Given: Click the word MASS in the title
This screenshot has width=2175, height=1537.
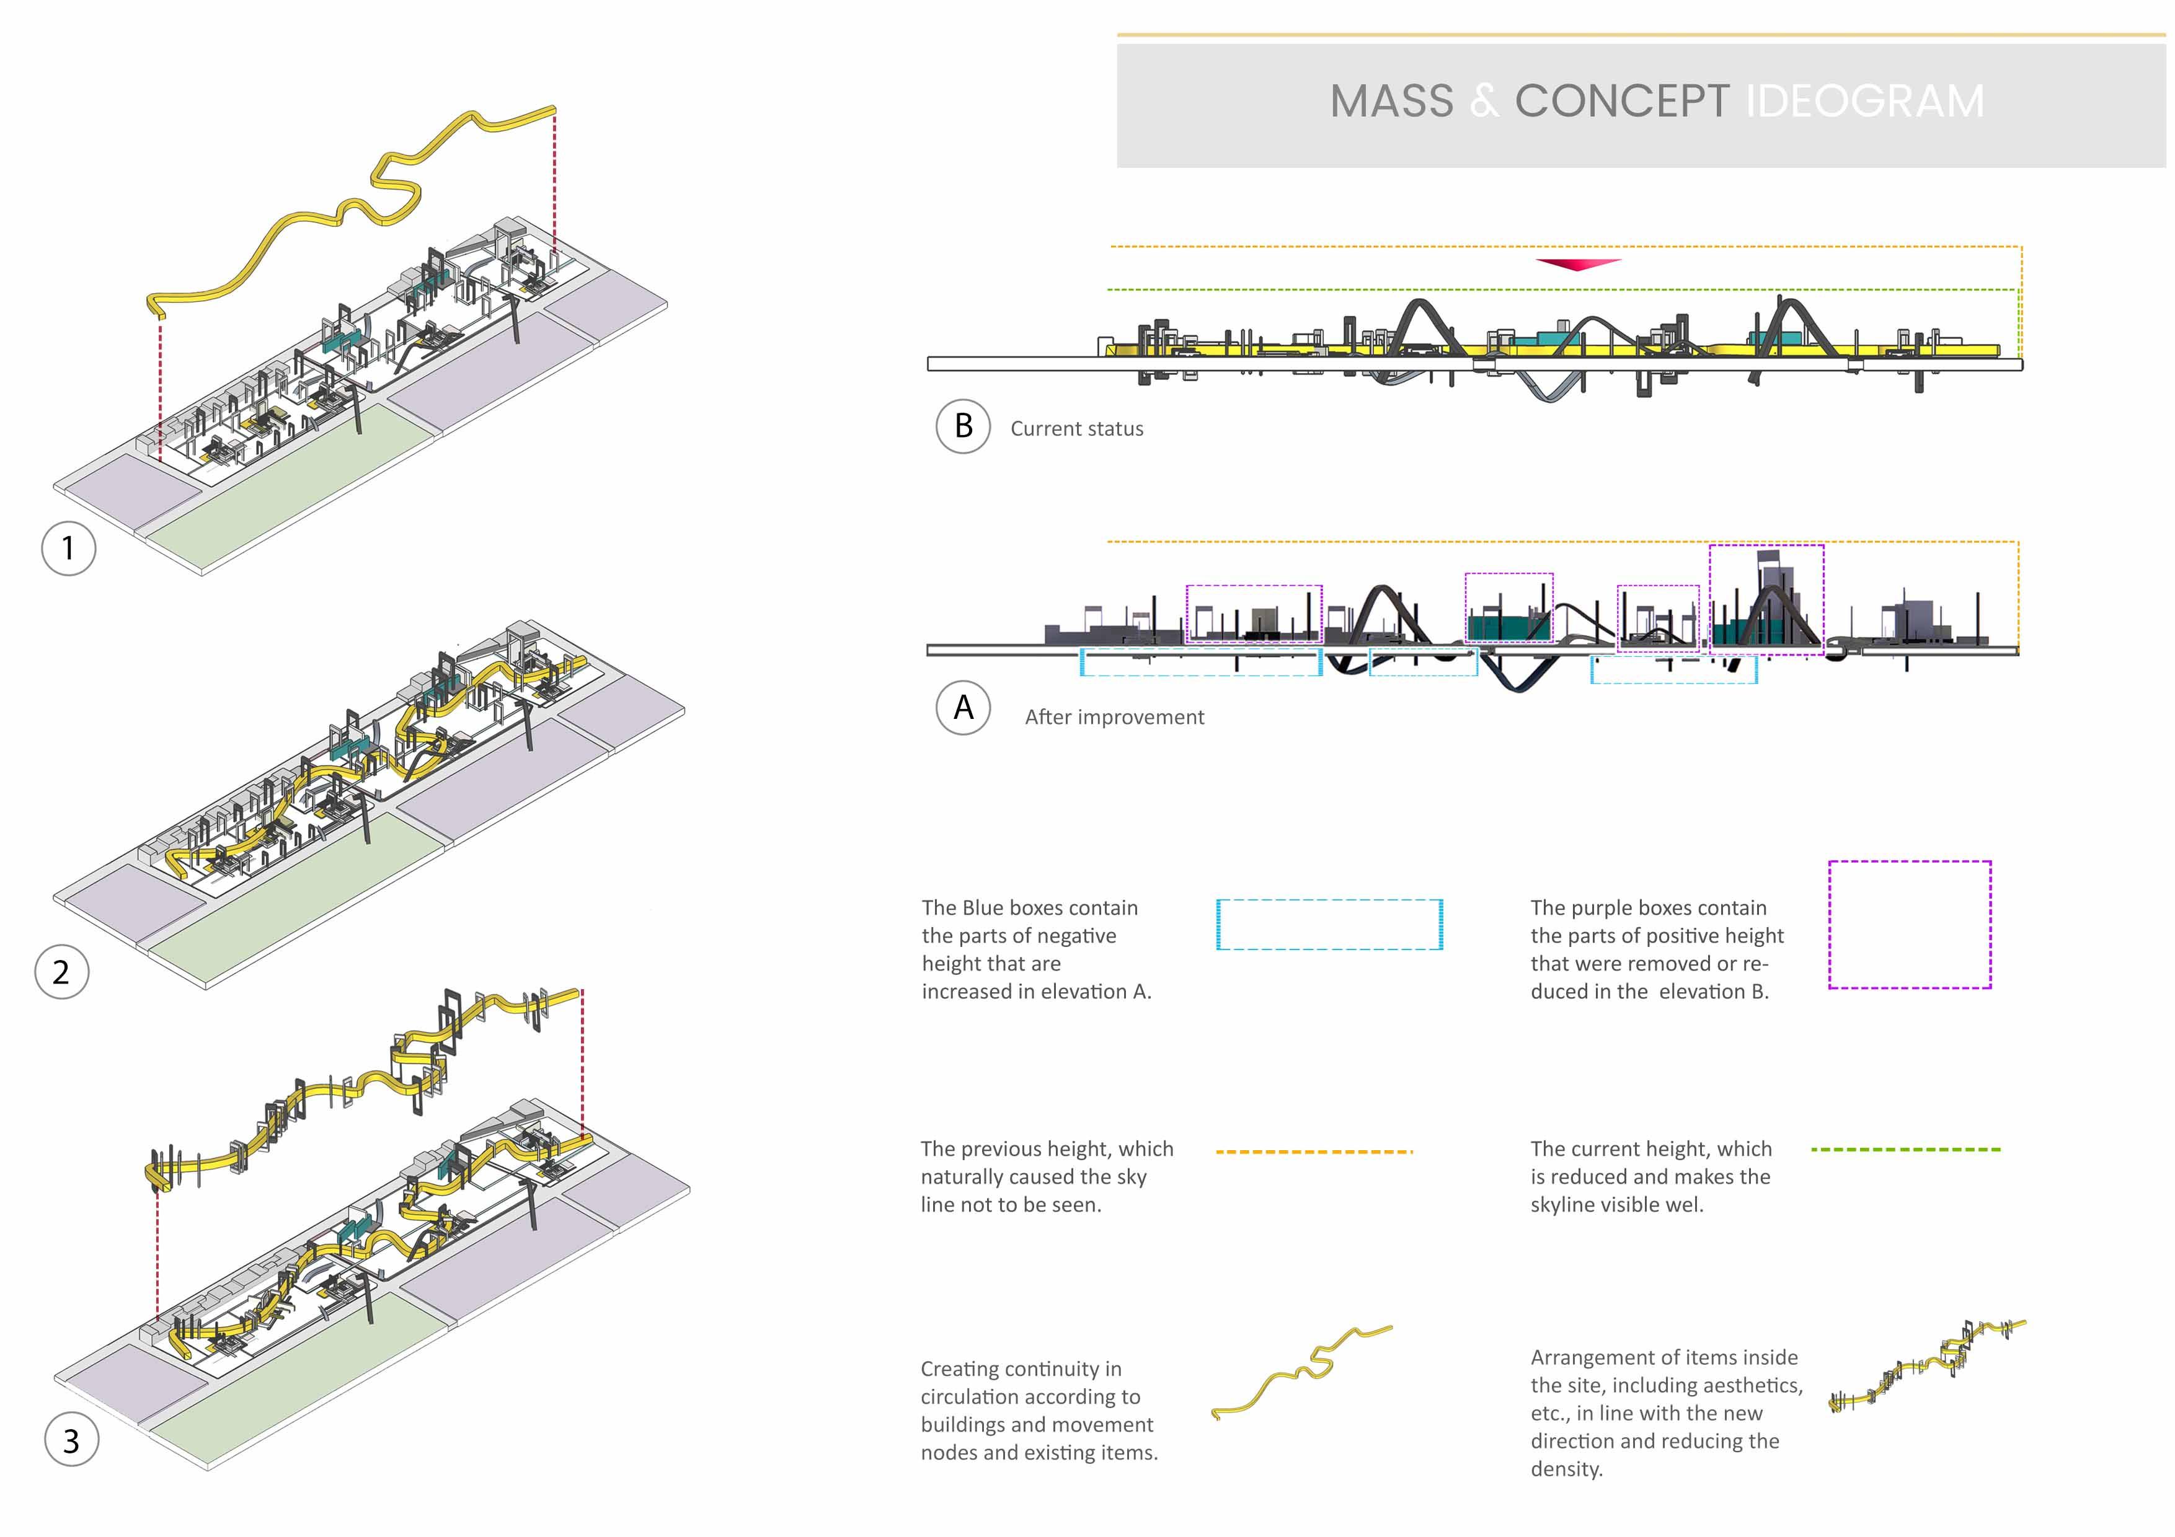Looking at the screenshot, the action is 1391,101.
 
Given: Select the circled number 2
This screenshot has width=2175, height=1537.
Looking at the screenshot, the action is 61,972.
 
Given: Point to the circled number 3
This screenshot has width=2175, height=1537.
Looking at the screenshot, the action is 71,1440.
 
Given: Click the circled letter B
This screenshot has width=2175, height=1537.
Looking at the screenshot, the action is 962,426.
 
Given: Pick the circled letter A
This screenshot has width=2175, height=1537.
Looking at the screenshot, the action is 962,707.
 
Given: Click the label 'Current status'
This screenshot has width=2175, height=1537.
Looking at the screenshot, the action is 1076,429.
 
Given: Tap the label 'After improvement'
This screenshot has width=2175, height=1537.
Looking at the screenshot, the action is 1114,717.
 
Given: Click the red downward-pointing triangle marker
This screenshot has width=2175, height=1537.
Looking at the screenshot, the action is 1578,264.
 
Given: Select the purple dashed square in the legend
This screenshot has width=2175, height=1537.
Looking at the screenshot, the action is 1909,924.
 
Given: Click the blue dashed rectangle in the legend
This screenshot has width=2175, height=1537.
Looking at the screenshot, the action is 1329,924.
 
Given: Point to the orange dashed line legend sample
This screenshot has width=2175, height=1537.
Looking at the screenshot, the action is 1313,1152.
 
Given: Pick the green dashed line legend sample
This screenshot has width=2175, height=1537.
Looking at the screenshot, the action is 1905,1150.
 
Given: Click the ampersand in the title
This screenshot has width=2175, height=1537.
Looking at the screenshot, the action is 1484,101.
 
